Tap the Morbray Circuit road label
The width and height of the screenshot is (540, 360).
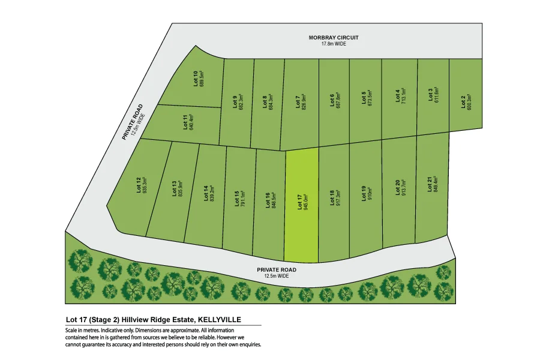click(x=334, y=37)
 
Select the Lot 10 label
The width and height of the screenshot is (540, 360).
click(x=196, y=79)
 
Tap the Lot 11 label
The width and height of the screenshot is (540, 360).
click(x=185, y=122)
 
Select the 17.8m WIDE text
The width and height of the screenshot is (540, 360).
click(x=334, y=44)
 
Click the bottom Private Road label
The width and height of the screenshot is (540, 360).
click(x=277, y=269)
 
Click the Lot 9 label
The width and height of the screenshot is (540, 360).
click(x=234, y=101)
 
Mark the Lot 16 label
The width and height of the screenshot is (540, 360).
click(x=268, y=200)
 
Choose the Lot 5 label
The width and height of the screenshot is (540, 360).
click(x=364, y=98)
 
